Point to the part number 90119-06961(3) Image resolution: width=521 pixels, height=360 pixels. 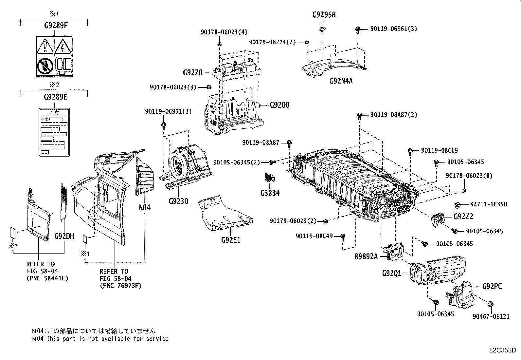pos(393,29)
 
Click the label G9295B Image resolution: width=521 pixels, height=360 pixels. pos(324,15)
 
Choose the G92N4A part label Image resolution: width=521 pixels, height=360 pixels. pos(341,80)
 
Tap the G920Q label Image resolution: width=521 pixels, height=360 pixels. pos(280,105)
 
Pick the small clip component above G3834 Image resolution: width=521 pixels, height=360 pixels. pos(269,177)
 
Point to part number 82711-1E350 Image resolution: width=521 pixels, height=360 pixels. pos(488,204)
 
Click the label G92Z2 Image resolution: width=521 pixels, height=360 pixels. pos(463,217)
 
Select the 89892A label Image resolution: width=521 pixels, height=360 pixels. pos(366,256)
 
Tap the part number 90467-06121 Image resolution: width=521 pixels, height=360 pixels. pos(491,316)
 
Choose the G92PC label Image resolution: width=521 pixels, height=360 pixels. pos(492,286)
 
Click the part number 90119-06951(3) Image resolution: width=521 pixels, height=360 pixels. pos(168,111)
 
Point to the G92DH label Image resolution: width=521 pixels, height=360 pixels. pos(64,236)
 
